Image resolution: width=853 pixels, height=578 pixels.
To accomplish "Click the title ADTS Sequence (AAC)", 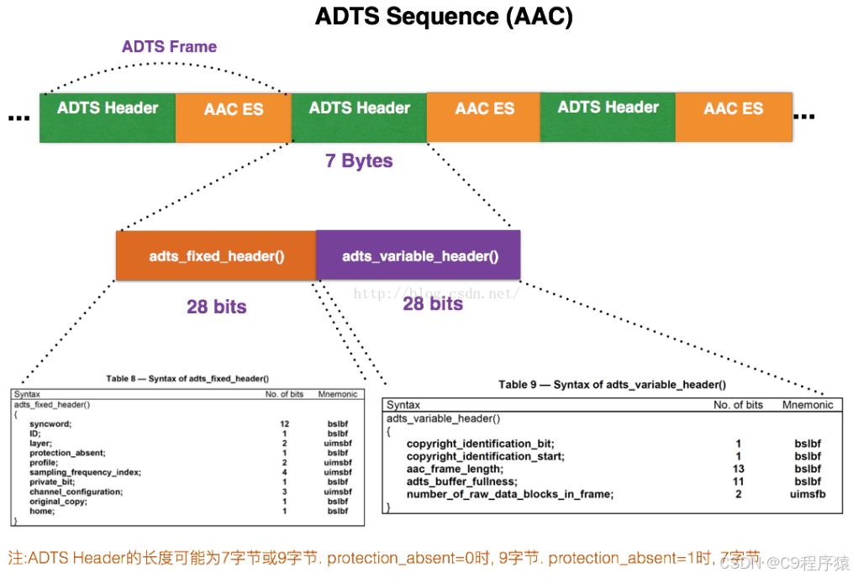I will coord(444,17).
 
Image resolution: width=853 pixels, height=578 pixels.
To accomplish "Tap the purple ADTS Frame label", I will coord(169,46).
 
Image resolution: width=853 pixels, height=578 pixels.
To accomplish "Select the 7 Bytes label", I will coord(359,160).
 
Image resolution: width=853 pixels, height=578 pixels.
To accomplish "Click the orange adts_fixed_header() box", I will coord(216,255).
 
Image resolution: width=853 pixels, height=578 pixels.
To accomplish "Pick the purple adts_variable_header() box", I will coord(419,255).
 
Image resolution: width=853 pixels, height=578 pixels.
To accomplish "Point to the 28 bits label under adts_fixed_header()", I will coord(217,307).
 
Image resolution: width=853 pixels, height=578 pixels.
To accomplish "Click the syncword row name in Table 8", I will coord(50,424).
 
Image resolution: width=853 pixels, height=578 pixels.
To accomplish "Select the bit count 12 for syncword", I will coord(285,424).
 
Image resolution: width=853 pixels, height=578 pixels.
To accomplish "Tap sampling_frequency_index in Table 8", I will coord(85,472).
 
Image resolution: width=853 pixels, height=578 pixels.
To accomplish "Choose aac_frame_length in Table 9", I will coord(455,469).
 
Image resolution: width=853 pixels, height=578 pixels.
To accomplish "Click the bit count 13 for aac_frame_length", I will coord(738,469).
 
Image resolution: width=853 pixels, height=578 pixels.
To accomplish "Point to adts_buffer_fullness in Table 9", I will coord(461,481).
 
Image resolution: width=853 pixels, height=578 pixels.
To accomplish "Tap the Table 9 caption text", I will coord(612,384).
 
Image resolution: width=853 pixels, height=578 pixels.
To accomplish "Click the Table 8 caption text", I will coord(193,379).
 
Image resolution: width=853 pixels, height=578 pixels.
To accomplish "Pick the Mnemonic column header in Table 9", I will coord(808,405).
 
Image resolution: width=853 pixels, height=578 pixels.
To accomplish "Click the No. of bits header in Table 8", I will coord(285,394).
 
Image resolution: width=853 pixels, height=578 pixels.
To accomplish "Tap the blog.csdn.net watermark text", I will coord(435,293).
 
